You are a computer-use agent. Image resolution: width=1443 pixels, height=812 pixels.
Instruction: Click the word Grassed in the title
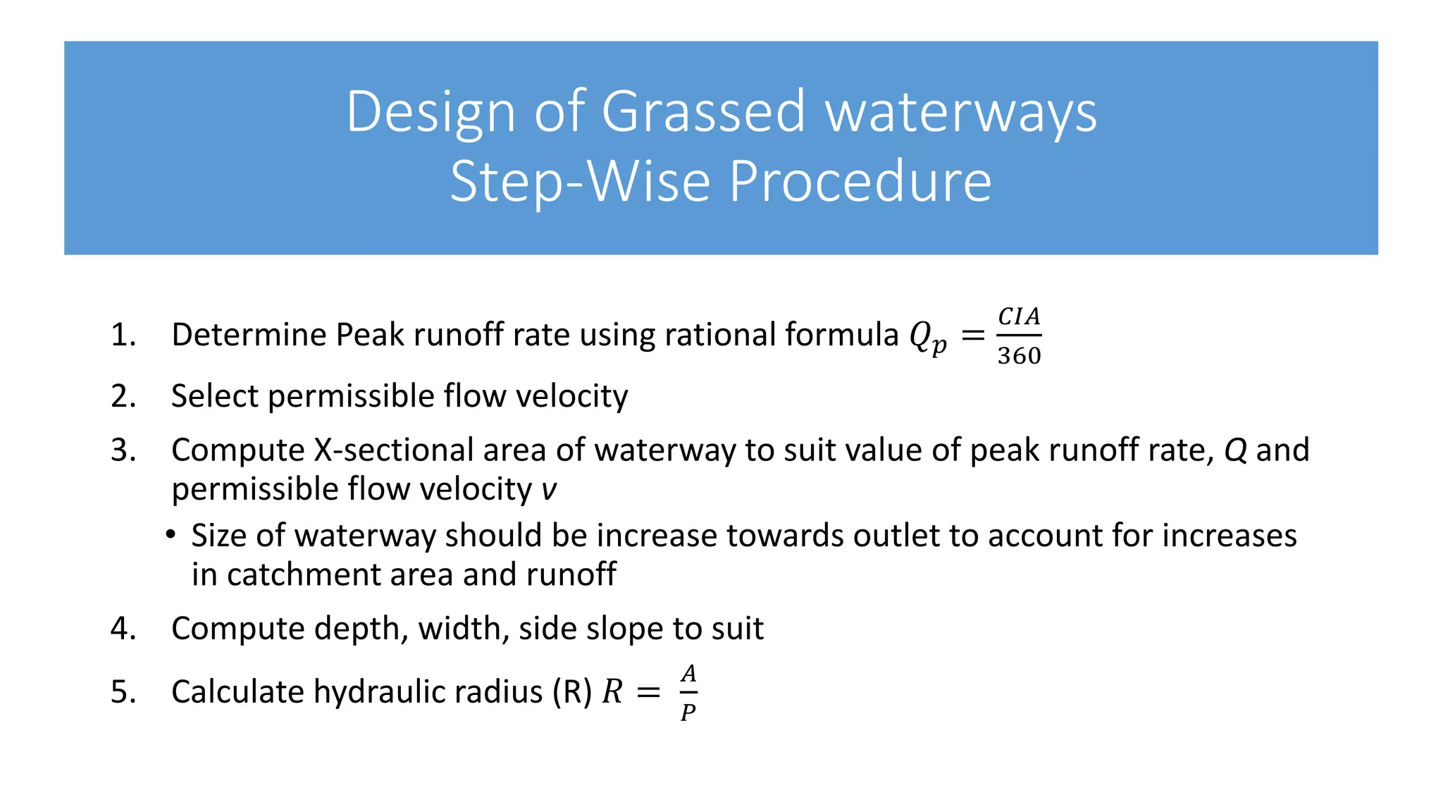point(702,111)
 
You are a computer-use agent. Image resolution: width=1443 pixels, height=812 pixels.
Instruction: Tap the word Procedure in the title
point(860,181)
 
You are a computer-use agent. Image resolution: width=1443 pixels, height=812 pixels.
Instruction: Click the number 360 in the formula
point(1019,356)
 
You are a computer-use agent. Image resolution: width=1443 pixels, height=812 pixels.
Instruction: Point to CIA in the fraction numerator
point(1019,317)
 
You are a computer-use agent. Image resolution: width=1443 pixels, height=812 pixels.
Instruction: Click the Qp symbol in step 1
point(927,337)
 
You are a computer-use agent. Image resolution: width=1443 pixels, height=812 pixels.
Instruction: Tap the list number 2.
point(123,396)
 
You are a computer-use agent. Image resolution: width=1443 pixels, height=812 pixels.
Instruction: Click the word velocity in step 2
point(571,396)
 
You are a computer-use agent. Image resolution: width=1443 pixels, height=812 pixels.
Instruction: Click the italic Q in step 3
point(1235,450)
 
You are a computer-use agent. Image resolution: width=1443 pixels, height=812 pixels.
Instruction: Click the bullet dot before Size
point(171,535)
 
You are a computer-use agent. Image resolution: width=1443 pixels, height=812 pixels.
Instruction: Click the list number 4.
point(123,629)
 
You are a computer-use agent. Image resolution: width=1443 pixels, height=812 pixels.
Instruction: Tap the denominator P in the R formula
point(688,712)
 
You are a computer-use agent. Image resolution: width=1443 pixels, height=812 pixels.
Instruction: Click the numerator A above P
point(688,674)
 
